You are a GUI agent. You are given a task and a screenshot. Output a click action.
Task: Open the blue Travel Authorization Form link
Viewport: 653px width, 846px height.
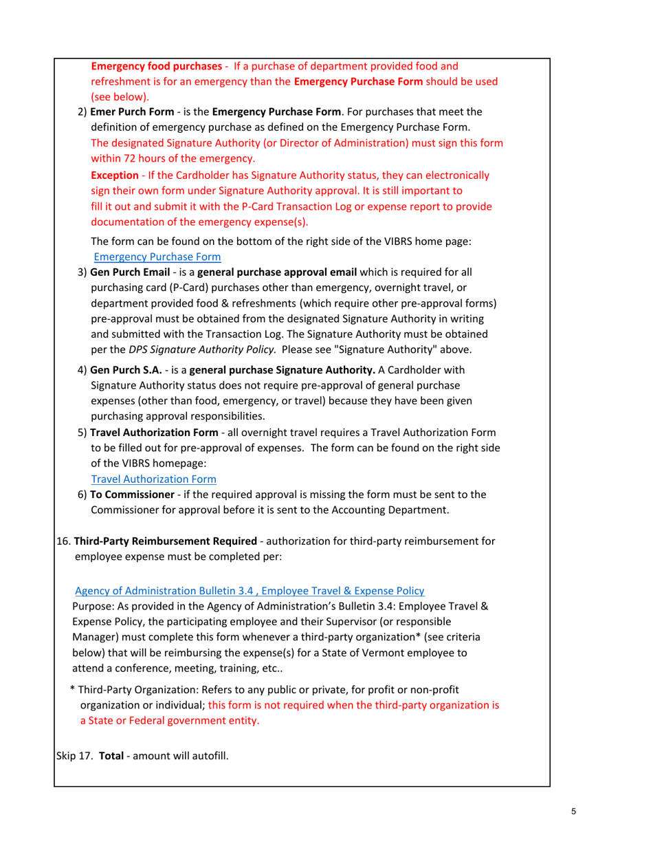click(x=154, y=478)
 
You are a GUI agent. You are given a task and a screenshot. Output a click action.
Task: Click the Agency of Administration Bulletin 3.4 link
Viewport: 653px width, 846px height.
click(x=249, y=590)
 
